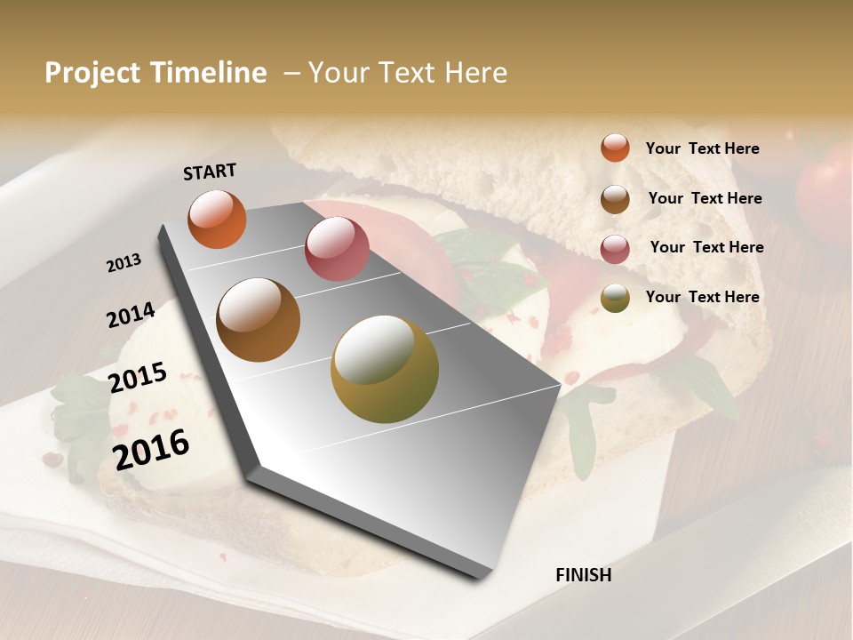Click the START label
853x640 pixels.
click(210, 171)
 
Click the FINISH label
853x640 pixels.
click(583, 575)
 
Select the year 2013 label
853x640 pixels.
click(124, 262)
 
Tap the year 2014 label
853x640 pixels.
click(131, 315)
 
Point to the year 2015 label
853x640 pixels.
click(138, 377)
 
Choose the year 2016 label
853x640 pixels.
click(151, 448)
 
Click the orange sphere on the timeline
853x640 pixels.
click(217, 219)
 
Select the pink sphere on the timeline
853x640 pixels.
click(337, 248)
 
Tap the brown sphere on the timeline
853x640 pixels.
click(259, 320)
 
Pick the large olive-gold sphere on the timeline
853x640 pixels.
click(385, 369)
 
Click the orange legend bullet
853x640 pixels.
click(615, 148)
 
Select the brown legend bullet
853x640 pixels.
click(615, 198)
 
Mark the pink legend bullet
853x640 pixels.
click(615, 249)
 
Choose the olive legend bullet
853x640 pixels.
click(615, 299)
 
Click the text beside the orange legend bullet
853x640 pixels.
click(702, 148)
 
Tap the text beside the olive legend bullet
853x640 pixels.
click(702, 297)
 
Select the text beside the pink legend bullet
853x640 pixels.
click(706, 247)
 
